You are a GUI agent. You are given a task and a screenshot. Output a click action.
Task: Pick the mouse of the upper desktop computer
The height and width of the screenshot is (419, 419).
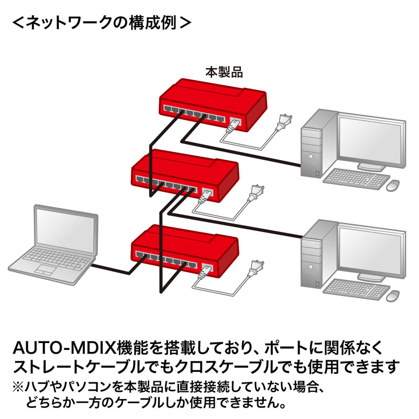click(x=393, y=184)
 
